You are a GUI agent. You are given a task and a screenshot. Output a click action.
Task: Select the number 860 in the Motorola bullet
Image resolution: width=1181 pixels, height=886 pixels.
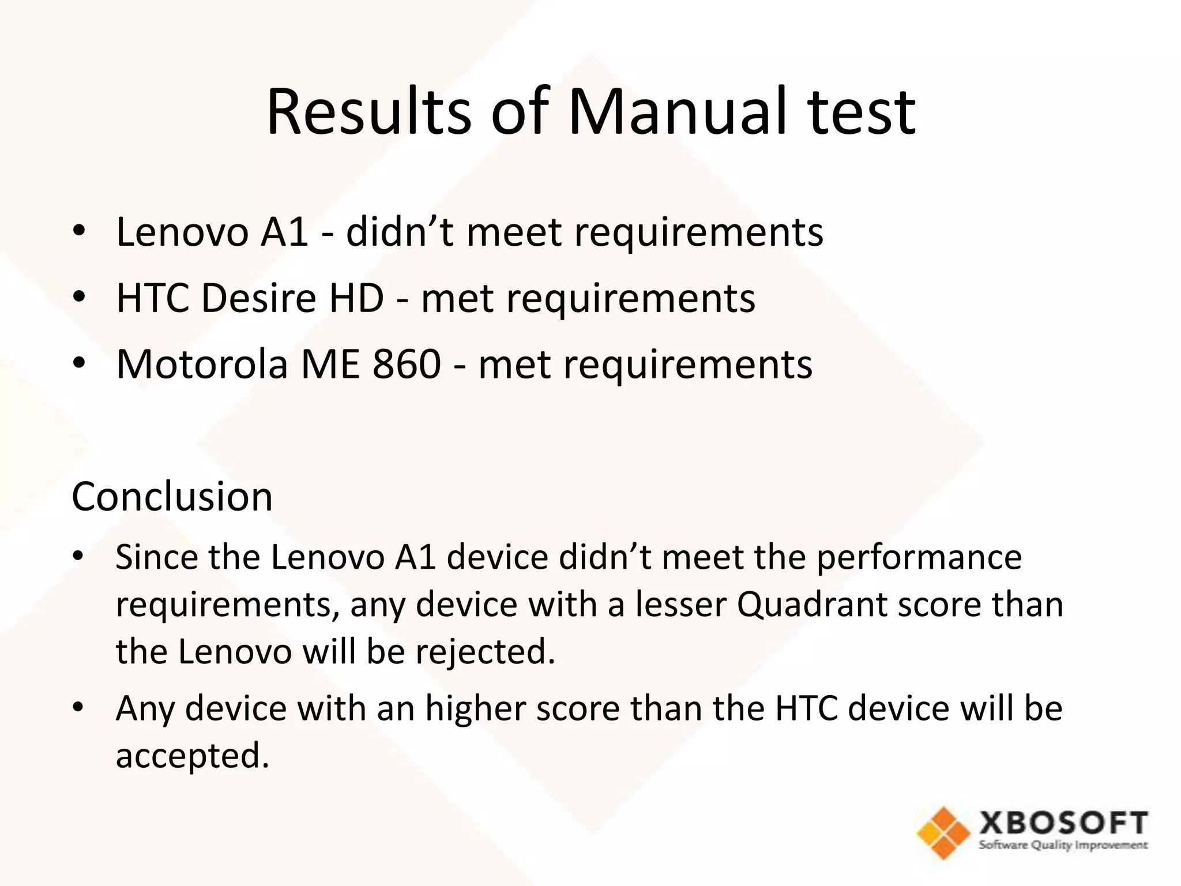pyautogui.click(x=407, y=365)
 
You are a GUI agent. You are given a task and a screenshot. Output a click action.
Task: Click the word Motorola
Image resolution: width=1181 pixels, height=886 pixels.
pyautogui.click(x=202, y=365)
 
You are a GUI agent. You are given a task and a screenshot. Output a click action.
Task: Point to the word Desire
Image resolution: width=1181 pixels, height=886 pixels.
pyautogui.click(x=259, y=298)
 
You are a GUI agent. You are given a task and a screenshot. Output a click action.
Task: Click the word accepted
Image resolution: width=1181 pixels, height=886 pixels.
pyautogui.click(x=193, y=756)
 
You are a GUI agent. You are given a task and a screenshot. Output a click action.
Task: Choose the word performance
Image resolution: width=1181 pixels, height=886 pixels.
pyautogui.click(x=919, y=557)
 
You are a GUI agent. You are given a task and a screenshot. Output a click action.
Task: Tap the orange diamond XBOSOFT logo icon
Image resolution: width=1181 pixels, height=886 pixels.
pyautogui.click(x=943, y=832)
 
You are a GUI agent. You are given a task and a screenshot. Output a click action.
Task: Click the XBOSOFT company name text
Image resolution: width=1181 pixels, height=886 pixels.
pyautogui.click(x=1063, y=823)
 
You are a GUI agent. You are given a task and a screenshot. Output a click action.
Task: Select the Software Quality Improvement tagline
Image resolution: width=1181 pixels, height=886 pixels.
pyautogui.click(x=1063, y=846)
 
